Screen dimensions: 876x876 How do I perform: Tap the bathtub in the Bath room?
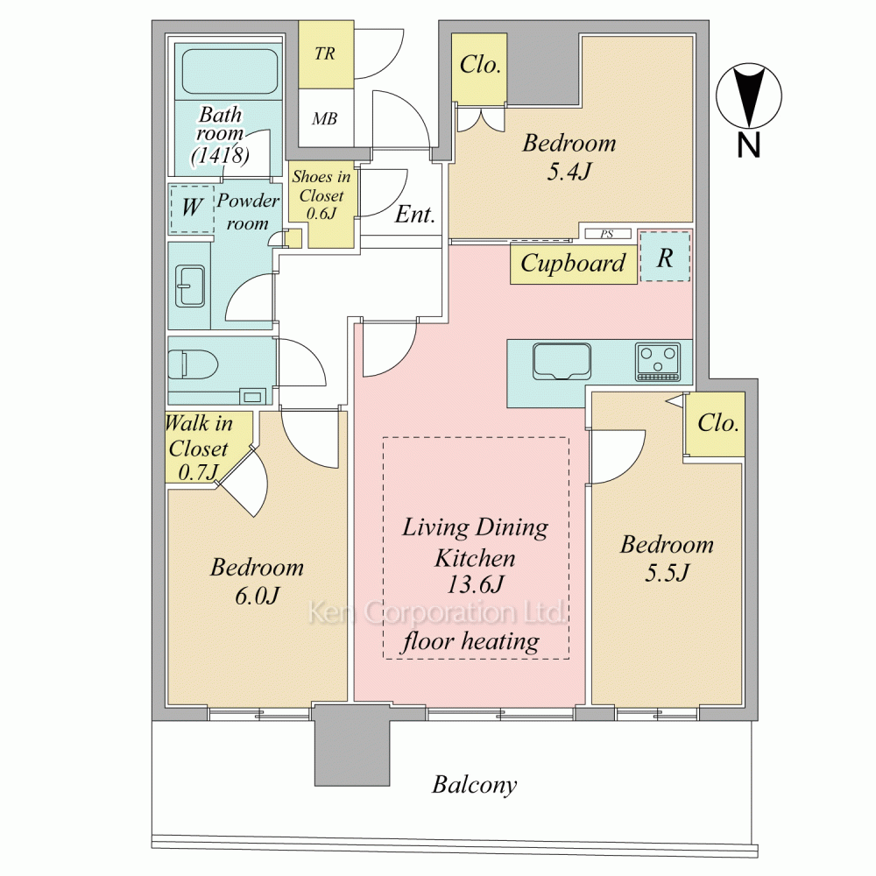230,72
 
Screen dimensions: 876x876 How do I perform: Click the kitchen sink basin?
562,362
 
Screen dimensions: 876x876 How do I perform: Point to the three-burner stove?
658,362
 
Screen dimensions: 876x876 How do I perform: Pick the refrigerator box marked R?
665,257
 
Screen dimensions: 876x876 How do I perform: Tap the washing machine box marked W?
192,208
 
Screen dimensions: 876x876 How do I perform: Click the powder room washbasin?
190,286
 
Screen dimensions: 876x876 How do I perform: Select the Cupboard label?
573,263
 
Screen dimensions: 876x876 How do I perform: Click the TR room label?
325,53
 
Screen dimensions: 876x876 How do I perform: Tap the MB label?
325,118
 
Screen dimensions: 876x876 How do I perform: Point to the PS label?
607,234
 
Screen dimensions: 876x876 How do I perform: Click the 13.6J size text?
476,584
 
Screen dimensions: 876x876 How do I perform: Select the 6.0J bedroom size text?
257,596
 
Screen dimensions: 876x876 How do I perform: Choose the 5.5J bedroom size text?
667,573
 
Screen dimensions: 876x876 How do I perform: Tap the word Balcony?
474,784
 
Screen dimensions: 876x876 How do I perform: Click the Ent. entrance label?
414,214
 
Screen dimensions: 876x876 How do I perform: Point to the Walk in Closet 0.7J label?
199,448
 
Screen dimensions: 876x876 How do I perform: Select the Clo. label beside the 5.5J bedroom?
718,423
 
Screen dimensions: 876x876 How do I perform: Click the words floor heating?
470,641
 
